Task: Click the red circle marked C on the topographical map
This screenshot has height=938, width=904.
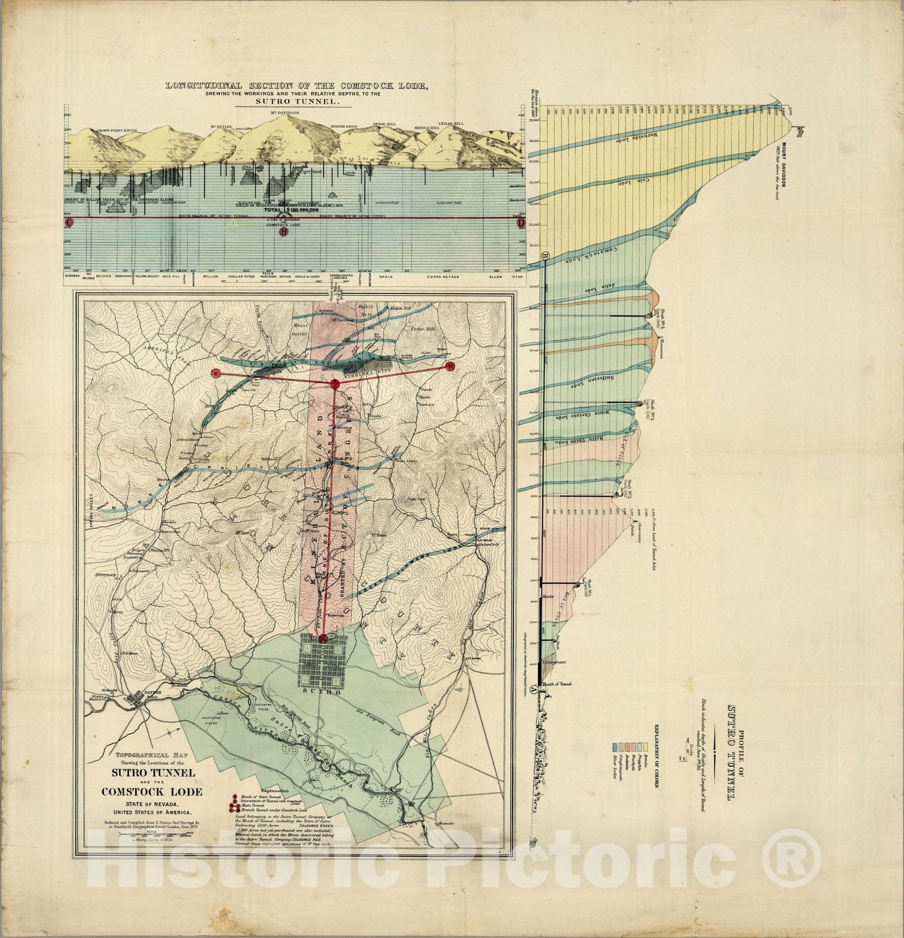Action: coord(216,373)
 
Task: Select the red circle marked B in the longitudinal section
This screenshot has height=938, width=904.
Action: coord(284,232)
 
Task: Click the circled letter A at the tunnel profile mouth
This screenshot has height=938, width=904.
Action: coord(533,691)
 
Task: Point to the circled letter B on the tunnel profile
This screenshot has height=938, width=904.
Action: coord(545,256)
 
